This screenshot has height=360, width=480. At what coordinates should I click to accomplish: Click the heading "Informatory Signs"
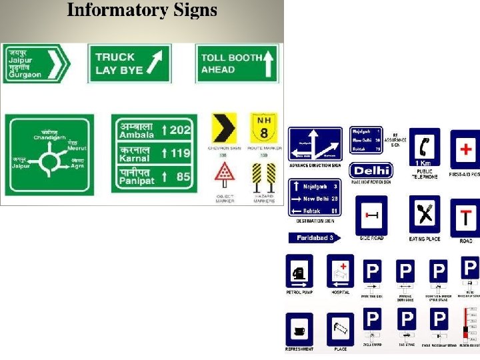142,11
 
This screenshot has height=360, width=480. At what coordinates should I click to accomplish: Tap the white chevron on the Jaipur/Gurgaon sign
58,63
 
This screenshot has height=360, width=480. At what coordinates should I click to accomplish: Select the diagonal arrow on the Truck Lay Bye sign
154,63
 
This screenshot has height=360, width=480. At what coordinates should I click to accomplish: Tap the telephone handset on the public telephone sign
425,145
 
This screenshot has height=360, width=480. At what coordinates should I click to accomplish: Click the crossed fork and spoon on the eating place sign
425,215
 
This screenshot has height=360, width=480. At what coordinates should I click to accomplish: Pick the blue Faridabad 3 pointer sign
314,237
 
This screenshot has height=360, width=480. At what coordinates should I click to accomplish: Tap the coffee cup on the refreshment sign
299,330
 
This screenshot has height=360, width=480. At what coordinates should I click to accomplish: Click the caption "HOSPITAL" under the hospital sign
340,292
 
